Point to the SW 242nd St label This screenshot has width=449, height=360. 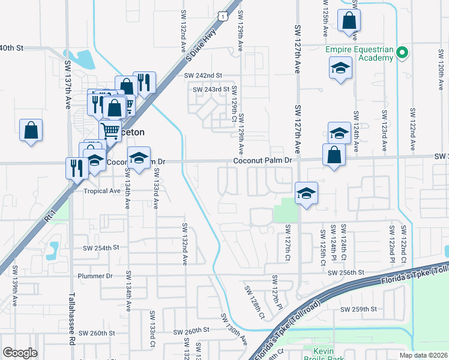tap(204, 76)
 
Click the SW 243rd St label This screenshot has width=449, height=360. tap(211, 89)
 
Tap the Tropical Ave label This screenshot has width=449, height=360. tap(102, 191)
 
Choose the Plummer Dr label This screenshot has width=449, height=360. tap(95, 276)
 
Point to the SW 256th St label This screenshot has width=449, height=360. tap(346, 273)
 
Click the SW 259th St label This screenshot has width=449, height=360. tap(358, 309)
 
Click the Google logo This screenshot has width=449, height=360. tap(20, 353)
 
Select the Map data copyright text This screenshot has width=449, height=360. tap(423, 355)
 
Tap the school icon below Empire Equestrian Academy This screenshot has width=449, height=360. tap(340, 68)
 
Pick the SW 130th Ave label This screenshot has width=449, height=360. tap(234, 328)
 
